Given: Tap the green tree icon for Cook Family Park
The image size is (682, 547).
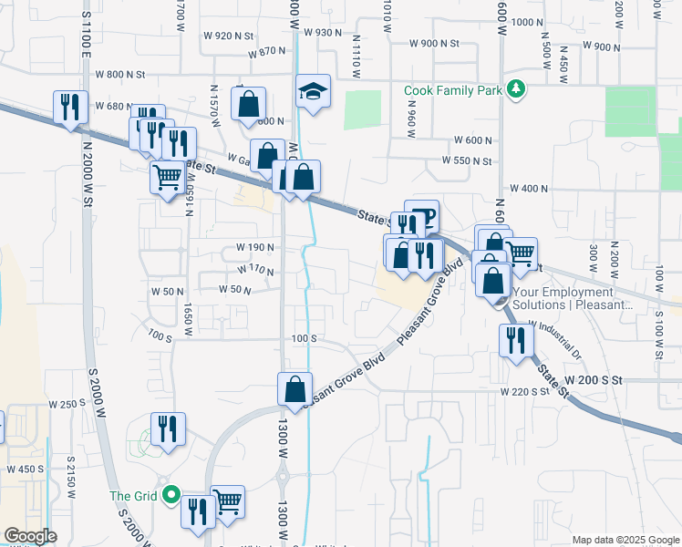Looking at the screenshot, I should [517, 89].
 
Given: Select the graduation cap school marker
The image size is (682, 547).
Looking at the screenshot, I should [312, 91].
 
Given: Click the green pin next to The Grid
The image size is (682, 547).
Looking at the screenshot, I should [170, 496].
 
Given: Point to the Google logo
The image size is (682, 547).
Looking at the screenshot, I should [30, 536].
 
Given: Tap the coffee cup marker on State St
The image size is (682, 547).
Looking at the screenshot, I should [423, 219].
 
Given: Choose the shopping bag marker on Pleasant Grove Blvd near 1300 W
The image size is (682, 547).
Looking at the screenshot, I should [295, 389].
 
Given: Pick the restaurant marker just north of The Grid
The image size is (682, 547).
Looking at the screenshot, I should [168, 429].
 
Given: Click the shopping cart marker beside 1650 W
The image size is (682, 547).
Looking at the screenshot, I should [167, 177].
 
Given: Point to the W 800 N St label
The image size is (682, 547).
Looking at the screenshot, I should [131, 74].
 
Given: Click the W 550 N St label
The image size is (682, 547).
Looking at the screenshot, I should [467, 160].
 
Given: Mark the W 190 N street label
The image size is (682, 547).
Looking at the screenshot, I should [255, 247].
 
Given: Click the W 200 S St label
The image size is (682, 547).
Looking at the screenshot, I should [593, 378].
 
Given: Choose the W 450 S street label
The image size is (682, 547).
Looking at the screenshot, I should [26, 469].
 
